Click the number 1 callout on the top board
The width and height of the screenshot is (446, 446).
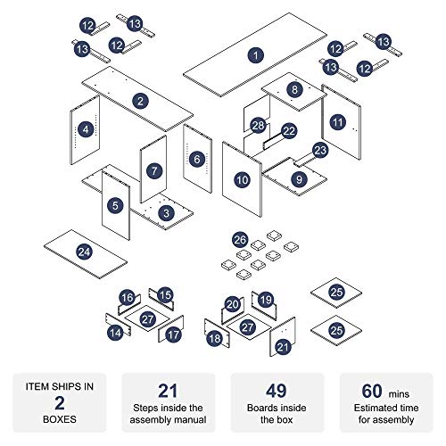(x=255, y=55)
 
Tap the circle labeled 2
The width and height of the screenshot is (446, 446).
(x=140, y=101)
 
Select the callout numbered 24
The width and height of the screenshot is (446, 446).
(x=84, y=252)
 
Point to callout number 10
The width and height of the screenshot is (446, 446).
(x=242, y=180)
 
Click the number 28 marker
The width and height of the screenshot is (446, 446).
(x=258, y=126)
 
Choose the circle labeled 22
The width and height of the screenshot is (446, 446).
(x=289, y=131)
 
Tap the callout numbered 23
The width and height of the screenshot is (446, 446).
(x=320, y=151)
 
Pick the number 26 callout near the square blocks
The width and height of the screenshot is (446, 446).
(x=240, y=240)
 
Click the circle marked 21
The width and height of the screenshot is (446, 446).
(x=283, y=347)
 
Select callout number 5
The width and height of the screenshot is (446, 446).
(x=115, y=205)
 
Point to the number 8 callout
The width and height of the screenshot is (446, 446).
(x=294, y=89)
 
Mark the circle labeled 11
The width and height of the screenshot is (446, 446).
(x=337, y=122)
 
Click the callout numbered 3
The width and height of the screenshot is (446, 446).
(x=166, y=213)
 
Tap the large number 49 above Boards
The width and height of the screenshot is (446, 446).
(x=277, y=391)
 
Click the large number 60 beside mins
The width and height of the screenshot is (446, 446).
(x=372, y=391)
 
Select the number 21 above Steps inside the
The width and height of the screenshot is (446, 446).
(x=168, y=391)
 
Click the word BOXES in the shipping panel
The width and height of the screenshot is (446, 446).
(x=60, y=419)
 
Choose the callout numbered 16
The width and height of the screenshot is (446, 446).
(x=128, y=298)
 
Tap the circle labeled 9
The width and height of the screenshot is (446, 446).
(x=299, y=179)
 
